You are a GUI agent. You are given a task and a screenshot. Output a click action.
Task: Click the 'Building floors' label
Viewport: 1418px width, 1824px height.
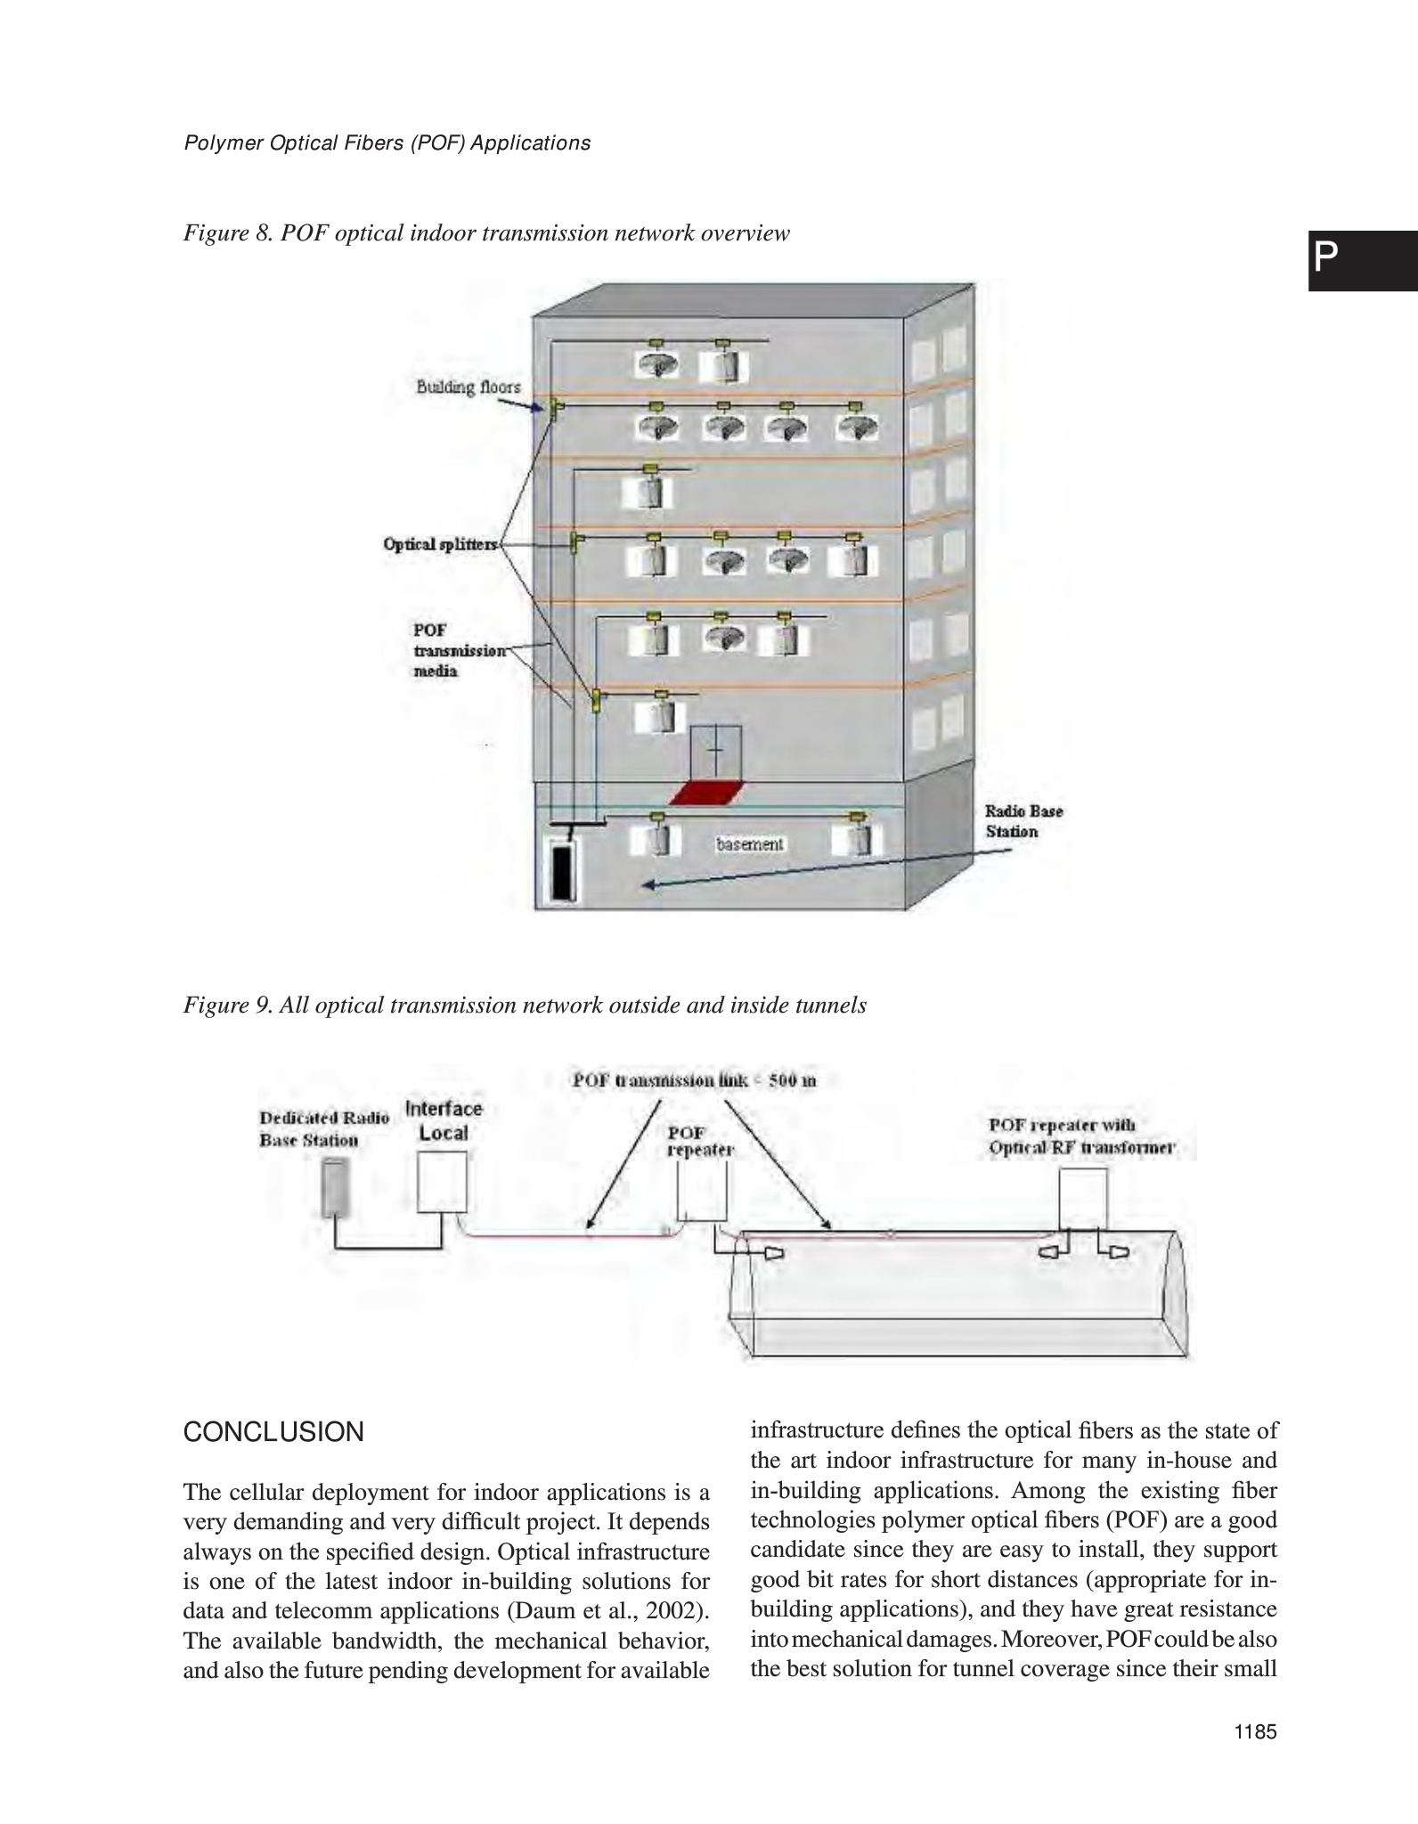[469, 387]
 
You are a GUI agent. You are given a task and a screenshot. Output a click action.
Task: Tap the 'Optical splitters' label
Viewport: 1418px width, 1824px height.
[440, 544]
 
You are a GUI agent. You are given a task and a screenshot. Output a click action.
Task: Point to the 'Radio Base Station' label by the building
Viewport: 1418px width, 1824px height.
[1023, 821]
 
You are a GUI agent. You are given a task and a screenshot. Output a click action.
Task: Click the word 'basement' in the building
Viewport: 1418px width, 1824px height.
[750, 843]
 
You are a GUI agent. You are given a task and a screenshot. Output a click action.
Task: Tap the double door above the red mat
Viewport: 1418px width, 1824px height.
[716, 753]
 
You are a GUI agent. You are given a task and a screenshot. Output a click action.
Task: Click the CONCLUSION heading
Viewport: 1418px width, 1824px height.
[273, 1433]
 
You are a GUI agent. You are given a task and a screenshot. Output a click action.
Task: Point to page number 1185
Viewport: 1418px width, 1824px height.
[1255, 1756]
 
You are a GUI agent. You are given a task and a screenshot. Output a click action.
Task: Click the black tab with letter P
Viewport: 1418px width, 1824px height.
[1362, 261]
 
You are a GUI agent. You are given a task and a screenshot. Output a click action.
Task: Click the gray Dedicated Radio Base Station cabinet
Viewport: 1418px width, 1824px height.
[336, 1187]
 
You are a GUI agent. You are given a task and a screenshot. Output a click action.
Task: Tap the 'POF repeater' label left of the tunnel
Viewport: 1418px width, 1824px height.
[700, 1141]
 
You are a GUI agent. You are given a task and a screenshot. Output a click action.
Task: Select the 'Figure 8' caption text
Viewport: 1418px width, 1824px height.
[486, 233]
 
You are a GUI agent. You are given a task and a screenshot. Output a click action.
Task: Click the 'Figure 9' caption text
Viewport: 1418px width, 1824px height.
[525, 1006]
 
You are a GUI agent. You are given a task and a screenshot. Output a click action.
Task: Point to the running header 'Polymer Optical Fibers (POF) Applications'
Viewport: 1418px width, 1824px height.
[387, 143]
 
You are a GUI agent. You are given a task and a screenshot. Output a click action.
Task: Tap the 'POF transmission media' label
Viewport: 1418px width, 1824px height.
[445, 650]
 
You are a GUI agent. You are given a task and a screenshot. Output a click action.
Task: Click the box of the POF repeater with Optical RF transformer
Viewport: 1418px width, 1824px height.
[1083, 1199]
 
